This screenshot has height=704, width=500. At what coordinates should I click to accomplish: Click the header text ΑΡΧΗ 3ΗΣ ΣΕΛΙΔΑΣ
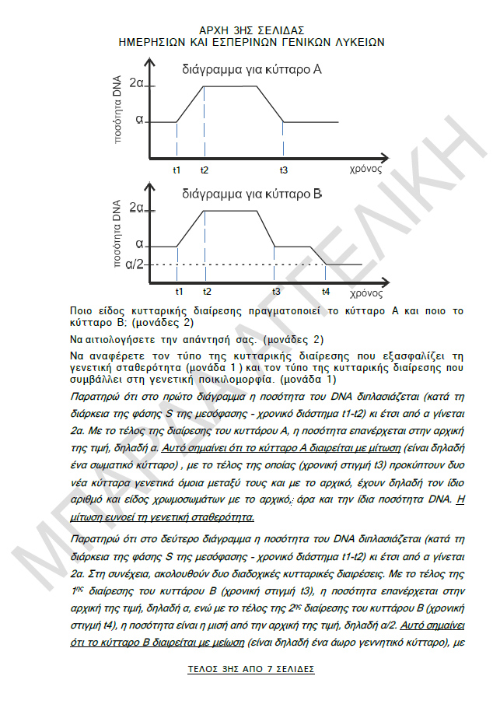tap(251, 29)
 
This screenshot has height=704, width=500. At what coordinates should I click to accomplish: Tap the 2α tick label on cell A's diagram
tap(137, 83)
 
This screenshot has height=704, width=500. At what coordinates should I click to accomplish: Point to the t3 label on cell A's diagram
tap(284, 169)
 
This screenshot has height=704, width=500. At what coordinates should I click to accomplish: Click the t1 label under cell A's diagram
tap(177, 169)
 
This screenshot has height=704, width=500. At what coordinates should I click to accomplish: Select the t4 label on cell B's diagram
tap(325, 291)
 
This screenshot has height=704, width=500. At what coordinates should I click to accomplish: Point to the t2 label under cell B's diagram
tap(206, 291)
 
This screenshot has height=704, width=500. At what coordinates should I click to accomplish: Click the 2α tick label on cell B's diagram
tap(138, 208)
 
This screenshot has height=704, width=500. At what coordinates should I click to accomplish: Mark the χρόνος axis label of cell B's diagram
tap(365, 293)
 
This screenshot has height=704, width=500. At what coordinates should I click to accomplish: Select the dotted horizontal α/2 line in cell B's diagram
tap(233, 264)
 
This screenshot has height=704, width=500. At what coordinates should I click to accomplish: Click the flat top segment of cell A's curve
tap(229, 86)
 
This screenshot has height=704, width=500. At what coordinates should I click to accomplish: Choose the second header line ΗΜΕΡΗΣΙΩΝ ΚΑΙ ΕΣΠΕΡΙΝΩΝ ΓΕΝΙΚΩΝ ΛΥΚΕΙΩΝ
tap(251, 41)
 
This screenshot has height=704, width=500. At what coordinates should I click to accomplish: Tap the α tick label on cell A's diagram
tap(139, 121)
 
